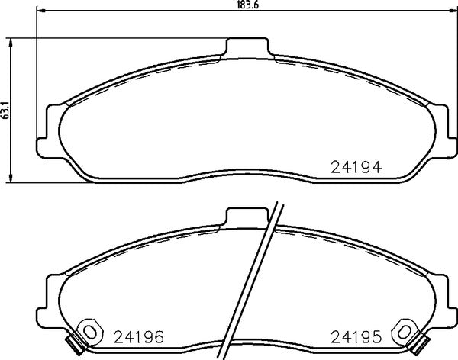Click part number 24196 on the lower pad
[x=138, y=336]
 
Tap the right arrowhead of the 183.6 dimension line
[x=447, y=11]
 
